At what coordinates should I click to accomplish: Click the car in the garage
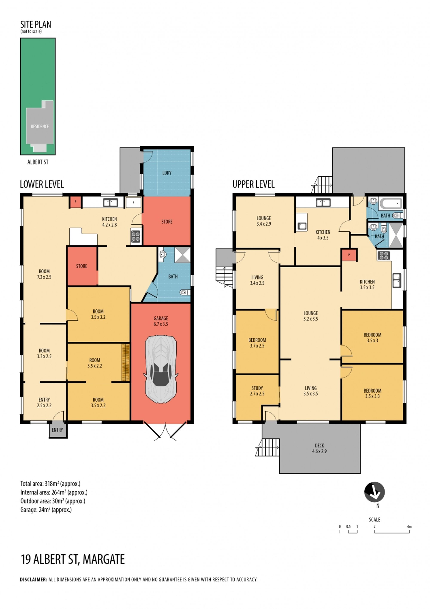click(x=161, y=369)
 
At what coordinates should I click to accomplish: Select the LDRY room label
click(x=167, y=173)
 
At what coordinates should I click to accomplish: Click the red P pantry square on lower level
click(x=75, y=202)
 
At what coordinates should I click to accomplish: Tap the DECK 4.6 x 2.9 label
click(x=319, y=449)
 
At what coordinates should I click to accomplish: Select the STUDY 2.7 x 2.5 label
click(x=257, y=391)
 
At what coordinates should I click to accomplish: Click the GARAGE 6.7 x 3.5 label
click(x=161, y=321)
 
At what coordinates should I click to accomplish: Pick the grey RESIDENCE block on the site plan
click(x=40, y=126)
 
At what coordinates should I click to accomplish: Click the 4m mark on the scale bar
click(x=409, y=526)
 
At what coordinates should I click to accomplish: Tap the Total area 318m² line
click(x=50, y=484)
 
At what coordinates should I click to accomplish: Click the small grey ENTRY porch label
click(x=57, y=430)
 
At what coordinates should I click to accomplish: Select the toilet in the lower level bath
click(x=185, y=292)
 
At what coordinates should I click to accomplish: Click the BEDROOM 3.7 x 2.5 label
click(x=257, y=343)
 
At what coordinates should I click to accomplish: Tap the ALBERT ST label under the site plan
click(x=38, y=162)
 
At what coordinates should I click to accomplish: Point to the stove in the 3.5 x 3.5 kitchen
click(x=384, y=255)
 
